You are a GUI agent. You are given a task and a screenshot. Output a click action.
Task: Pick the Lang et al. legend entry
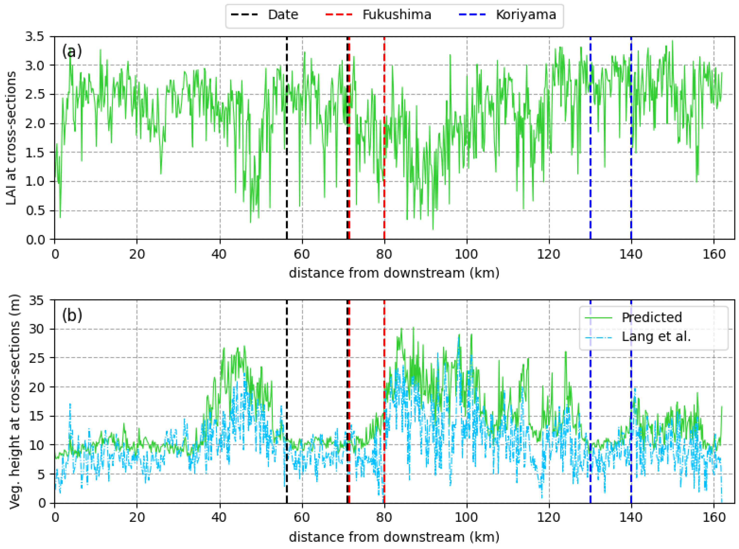click(x=656, y=337)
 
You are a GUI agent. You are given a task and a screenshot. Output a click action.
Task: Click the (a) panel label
click(x=72, y=52)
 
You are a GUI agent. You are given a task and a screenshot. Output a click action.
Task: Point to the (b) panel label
click(x=72, y=315)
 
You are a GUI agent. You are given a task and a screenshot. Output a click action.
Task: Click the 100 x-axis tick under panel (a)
click(x=466, y=255)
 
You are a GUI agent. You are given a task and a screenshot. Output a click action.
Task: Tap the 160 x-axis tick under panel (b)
click(x=713, y=518)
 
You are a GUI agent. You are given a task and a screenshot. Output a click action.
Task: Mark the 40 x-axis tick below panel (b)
click(x=219, y=518)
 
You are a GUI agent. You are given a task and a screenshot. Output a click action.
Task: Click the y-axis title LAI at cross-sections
click(x=11, y=138)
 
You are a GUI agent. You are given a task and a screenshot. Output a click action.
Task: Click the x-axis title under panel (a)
click(x=394, y=273)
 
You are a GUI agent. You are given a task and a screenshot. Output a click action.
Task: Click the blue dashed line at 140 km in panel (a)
click(x=631, y=166)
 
